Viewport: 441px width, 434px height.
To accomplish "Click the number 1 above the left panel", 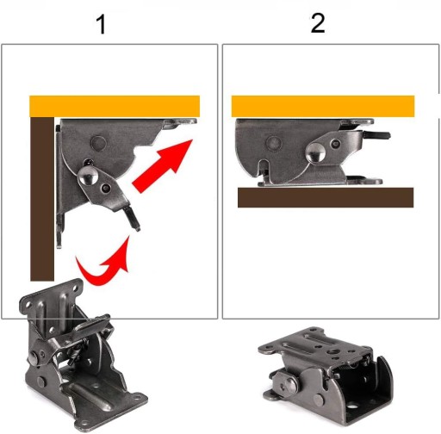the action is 102,25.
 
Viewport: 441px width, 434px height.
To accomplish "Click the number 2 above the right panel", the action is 318,23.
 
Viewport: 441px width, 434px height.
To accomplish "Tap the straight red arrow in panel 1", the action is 162,166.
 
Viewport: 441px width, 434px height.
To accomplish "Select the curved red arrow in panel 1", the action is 104,265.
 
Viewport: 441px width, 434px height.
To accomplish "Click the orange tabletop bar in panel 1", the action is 115,106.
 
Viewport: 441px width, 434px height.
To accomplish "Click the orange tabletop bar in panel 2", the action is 323,106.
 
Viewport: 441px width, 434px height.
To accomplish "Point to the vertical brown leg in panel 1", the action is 42,199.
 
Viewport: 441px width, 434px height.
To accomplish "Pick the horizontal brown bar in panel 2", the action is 326,197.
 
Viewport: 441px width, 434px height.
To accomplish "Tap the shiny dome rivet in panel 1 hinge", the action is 89,176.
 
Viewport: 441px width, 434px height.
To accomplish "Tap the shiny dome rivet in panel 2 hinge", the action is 315,152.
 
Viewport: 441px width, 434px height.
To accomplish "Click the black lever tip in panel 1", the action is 133,218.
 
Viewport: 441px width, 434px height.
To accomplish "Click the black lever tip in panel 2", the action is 376,134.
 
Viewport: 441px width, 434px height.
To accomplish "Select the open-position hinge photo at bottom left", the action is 83,356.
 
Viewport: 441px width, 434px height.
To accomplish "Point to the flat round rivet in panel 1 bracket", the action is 98,143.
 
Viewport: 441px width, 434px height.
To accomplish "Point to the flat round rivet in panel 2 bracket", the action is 274,143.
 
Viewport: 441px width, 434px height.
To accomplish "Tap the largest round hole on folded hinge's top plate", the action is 334,351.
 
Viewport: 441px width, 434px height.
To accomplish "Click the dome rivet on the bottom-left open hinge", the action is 34,357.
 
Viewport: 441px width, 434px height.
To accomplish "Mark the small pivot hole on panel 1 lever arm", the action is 106,188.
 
